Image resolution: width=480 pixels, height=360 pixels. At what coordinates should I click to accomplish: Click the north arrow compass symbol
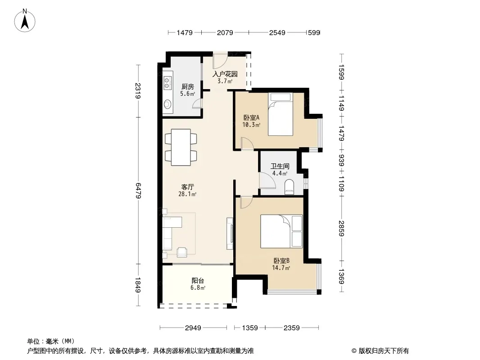pyautogui.click(x=25, y=21)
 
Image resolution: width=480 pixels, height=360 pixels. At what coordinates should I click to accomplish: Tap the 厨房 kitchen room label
pyautogui.click(x=187, y=87)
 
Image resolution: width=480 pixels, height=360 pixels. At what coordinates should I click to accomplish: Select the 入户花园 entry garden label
pyautogui.click(x=225, y=74)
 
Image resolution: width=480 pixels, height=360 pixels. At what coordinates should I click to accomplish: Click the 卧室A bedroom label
pyautogui.click(x=251, y=117)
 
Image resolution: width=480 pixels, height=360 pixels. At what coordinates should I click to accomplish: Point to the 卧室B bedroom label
pyautogui.click(x=281, y=261)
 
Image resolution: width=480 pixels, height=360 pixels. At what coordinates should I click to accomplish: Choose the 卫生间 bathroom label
pyautogui.click(x=280, y=166)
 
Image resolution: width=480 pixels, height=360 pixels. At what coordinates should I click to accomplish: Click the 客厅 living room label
pyautogui.click(x=187, y=187)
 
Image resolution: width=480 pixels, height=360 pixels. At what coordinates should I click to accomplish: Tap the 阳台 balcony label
pyautogui.click(x=198, y=280)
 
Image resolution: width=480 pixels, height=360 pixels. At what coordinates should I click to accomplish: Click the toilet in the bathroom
pyautogui.click(x=289, y=187)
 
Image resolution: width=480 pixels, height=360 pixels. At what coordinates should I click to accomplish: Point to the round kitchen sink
pyautogui.click(x=167, y=104)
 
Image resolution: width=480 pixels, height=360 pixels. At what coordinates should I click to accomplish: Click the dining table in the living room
pyautogui.click(x=181, y=148)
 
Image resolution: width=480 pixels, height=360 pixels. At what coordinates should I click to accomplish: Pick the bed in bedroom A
pyautogui.click(x=281, y=114)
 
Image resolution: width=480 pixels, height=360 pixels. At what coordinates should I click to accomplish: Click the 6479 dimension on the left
pyautogui.click(x=138, y=190)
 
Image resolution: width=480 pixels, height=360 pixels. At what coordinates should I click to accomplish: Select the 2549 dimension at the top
pyautogui.click(x=277, y=32)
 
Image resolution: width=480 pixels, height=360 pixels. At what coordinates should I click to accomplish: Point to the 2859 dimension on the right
pyautogui.click(x=342, y=228)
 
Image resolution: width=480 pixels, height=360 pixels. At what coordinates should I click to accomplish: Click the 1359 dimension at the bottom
pyautogui.click(x=250, y=328)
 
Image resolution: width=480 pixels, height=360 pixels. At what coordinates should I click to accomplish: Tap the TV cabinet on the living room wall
pyautogui.click(x=230, y=233)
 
